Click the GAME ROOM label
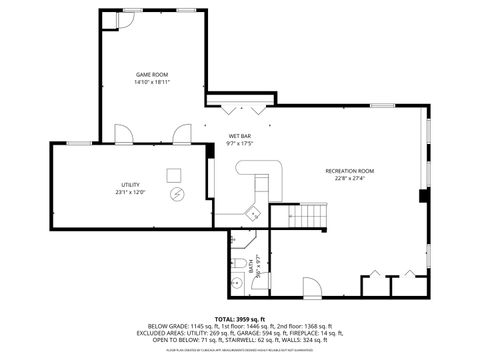[151, 75]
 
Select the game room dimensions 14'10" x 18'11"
[151, 83]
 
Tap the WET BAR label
[240, 136]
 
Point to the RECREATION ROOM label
[349, 171]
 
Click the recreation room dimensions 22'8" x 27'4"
[349, 179]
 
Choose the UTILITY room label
[130, 185]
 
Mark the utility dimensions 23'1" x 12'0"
[130, 193]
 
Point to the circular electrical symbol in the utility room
[176, 193]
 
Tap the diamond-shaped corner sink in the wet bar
[254, 212]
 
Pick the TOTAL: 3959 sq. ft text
[239, 318]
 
